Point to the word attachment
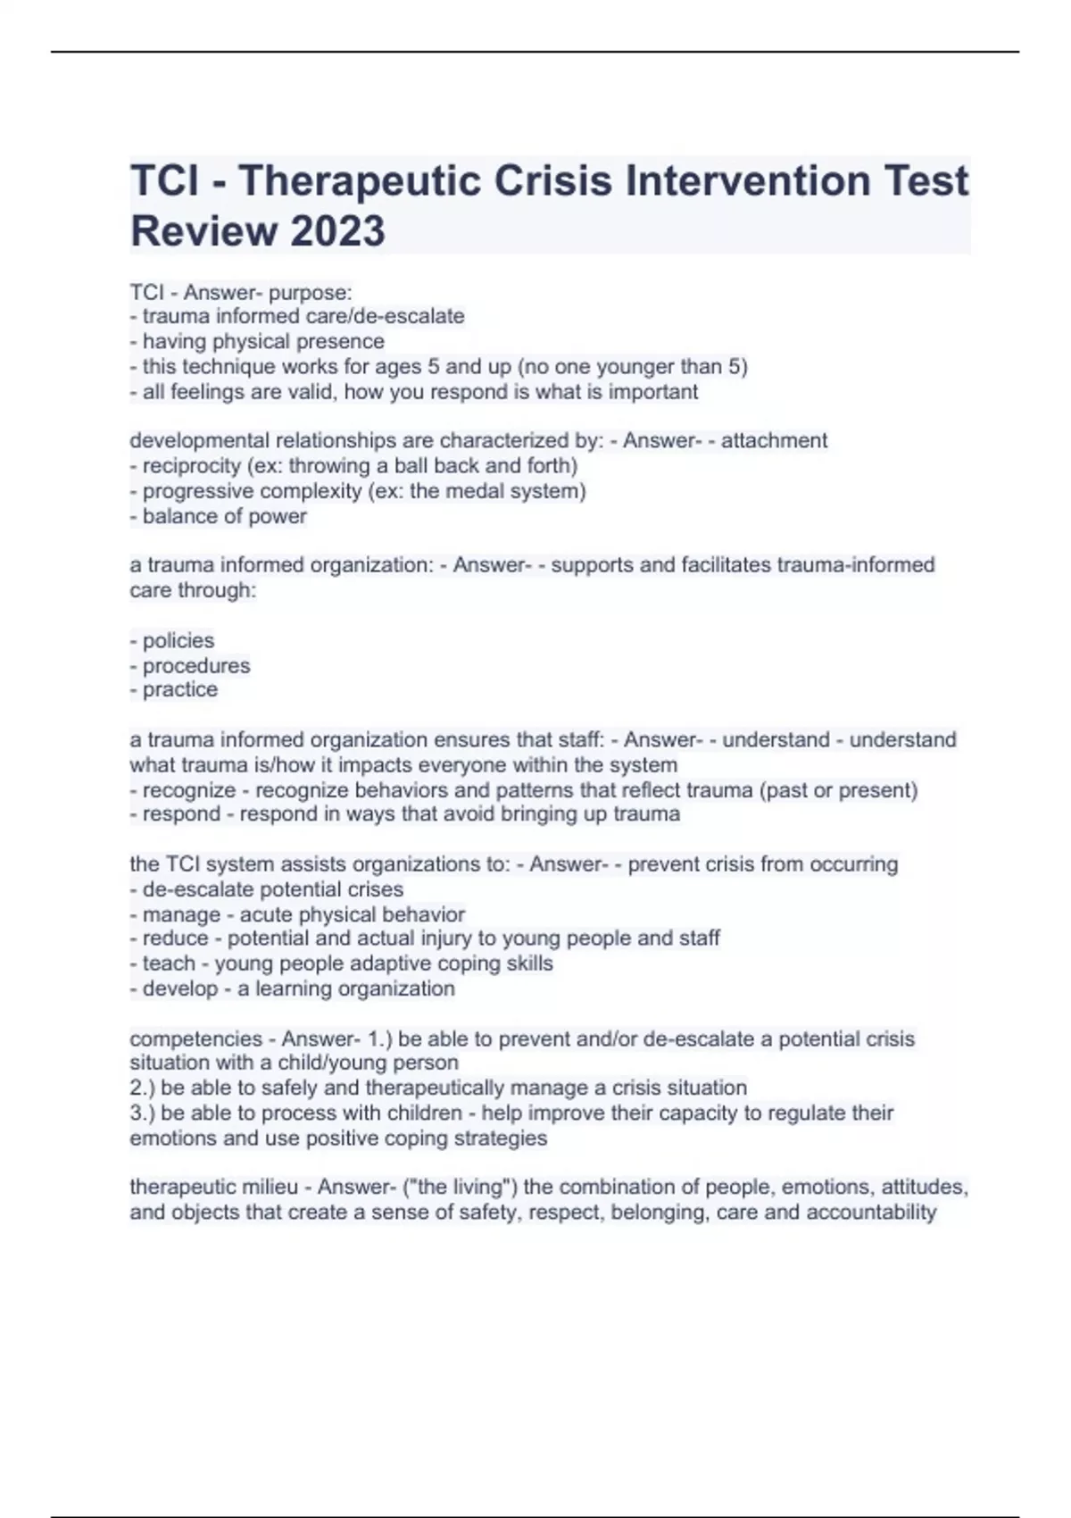pyautogui.click(x=774, y=440)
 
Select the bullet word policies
pyautogui.click(x=178, y=640)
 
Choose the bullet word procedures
pyautogui.click(x=196, y=665)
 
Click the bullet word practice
pyautogui.click(x=180, y=689)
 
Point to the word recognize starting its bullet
pyautogui.click(x=189, y=790)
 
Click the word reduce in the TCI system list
pyautogui.click(x=175, y=938)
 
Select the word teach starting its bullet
pyautogui.click(x=169, y=963)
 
